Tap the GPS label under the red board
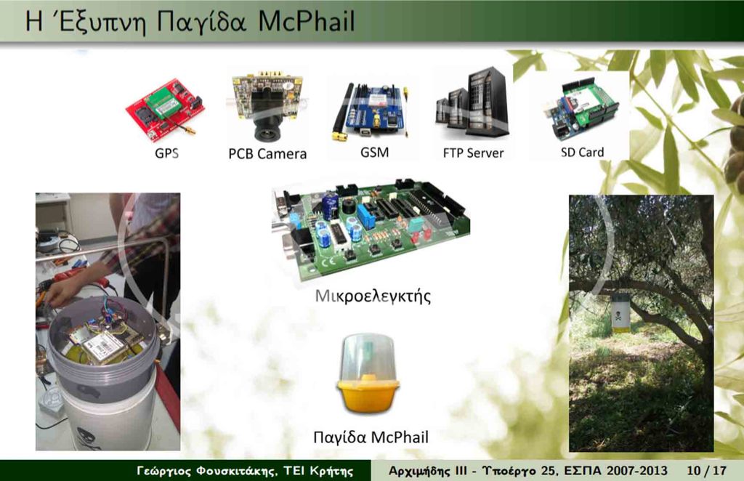point(166,153)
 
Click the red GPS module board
point(166,110)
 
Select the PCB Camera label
point(267,154)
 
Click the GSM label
point(374,153)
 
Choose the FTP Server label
point(473,153)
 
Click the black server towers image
point(472,105)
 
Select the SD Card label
point(582,153)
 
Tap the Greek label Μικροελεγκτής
point(373,296)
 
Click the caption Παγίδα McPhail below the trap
point(371,437)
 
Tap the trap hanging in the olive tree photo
point(620,314)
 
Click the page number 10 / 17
point(706,471)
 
